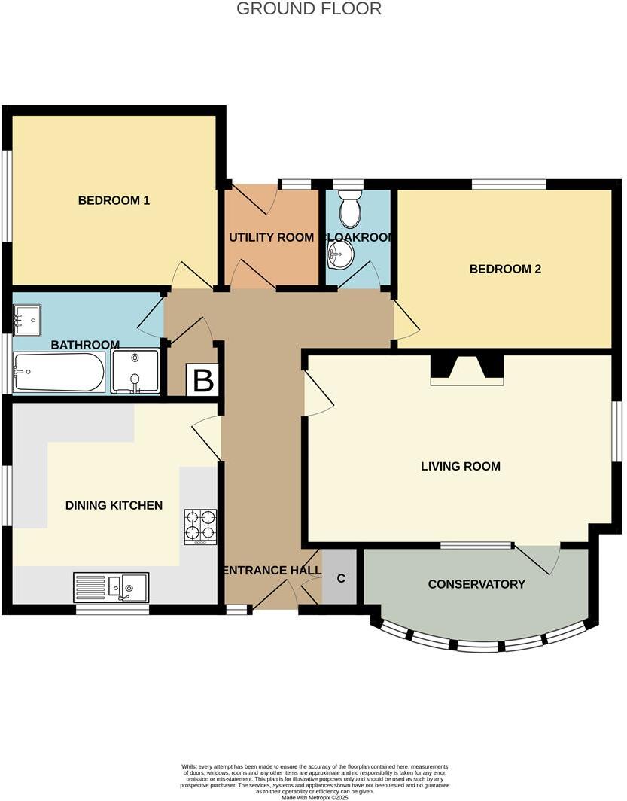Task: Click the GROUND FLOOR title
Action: (309, 9)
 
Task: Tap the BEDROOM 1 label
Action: (114, 200)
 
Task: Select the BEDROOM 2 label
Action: (505, 269)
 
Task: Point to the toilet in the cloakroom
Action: (350, 209)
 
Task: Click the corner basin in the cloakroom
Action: (339, 254)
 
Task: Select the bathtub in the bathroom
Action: (59, 373)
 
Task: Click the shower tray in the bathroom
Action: (135, 373)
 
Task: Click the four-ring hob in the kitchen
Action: (200, 527)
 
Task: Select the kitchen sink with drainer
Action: (111, 587)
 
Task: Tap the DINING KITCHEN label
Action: (114, 505)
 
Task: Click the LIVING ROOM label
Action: (460, 466)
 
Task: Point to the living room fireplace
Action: (467, 369)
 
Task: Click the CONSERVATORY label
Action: (476, 584)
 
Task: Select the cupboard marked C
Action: (340, 578)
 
